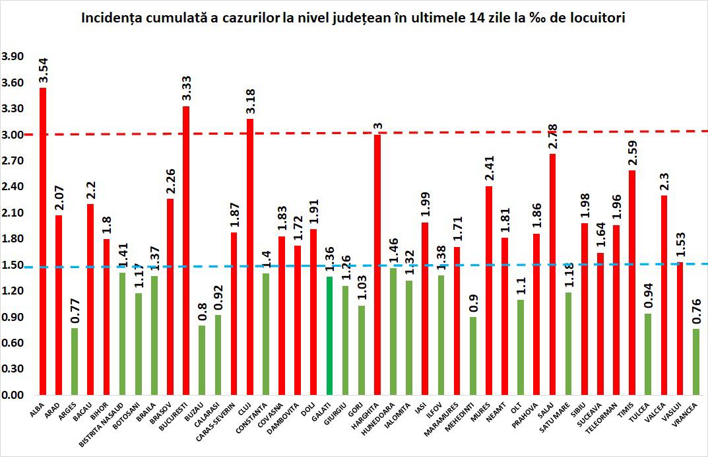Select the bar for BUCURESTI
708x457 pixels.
click(x=186, y=251)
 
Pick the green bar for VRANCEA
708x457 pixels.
click(x=696, y=362)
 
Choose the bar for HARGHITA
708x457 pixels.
click(x=377, y=264)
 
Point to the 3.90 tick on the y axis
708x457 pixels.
click(x=13, y=57)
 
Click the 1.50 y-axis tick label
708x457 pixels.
click(x=13, y=265)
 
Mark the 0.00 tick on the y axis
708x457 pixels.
click(x=13, y=395)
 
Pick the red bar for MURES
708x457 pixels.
click(x=489, y=291)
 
